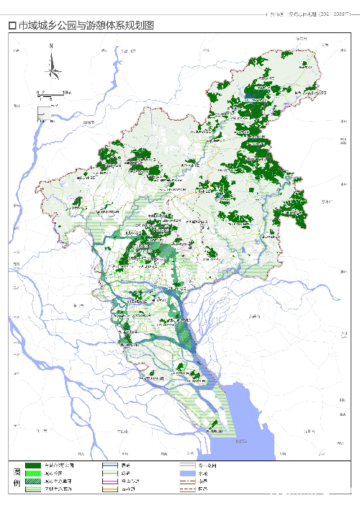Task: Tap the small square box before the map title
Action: (x=11, y=25)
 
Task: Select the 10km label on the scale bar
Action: (x=66, y=93)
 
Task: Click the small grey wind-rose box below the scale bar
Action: (x=44, y=112)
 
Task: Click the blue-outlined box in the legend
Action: (x=110, y=466)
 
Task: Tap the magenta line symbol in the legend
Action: (x=110, y=481)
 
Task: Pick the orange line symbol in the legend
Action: (x=110, y=489)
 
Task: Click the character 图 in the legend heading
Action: (x=15, y=471)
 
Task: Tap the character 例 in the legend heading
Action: (x=15, y=484)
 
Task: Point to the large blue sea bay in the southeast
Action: (x=252, y=425)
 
